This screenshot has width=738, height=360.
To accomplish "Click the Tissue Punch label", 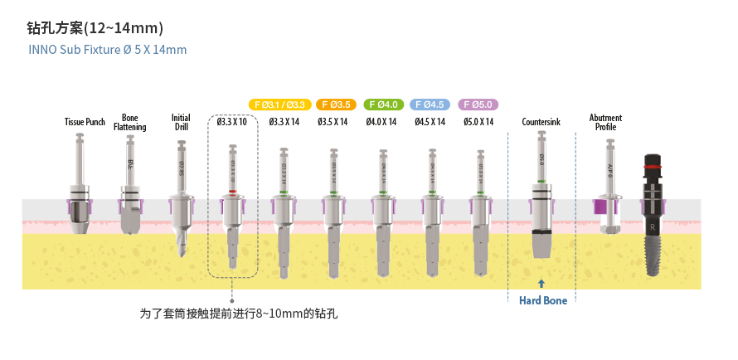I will (85, 122).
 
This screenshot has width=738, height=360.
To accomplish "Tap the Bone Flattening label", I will (130, 122).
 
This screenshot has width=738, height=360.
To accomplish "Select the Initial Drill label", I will (182, 122).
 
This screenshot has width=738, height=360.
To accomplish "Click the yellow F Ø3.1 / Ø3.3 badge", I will (279, 105).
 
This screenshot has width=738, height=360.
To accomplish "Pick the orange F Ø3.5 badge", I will (335, 105).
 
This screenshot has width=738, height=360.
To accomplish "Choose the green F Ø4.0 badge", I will (383, 105).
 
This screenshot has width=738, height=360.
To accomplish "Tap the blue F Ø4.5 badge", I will (430, 105).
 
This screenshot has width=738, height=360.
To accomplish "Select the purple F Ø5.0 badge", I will (478, 105).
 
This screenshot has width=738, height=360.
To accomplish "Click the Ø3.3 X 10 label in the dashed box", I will (232, 122).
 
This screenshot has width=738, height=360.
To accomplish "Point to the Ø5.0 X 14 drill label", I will (478, 122).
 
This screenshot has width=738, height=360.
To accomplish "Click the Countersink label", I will (541, 122).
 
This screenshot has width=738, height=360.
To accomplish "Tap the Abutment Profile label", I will (605, 122).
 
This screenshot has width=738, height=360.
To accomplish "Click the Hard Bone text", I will (543, 300).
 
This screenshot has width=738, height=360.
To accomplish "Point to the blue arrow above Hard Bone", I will (541, 283).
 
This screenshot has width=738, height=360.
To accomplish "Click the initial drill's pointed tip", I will (182, 253).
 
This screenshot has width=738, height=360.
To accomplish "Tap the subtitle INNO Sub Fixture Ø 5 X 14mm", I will (108, 50).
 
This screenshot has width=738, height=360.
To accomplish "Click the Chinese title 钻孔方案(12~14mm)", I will (95, 28).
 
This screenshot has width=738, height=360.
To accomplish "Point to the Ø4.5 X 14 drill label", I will (430, 122).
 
